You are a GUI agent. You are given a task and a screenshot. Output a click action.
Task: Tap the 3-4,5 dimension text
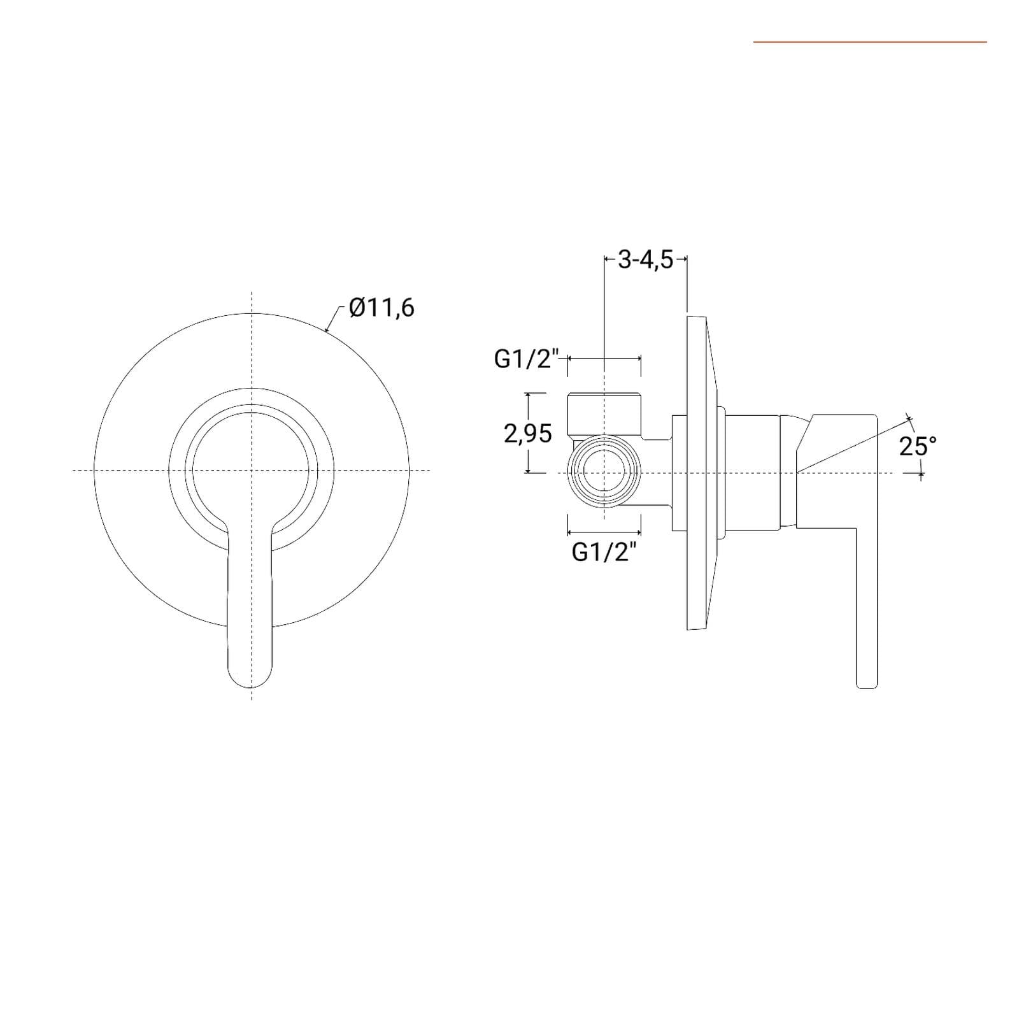tap(645, 260)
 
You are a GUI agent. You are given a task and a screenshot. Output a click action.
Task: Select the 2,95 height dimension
tap(528, 434)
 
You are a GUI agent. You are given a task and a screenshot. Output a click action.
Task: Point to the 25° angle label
tap(918, 446)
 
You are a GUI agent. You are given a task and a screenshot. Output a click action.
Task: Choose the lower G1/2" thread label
tap(604, 552)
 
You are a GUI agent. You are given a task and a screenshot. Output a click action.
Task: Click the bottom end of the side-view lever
tap(867, 687)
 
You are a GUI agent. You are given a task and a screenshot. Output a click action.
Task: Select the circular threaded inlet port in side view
tap(604, 471)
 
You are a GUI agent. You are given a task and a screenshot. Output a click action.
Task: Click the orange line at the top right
tap(870, 42)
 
